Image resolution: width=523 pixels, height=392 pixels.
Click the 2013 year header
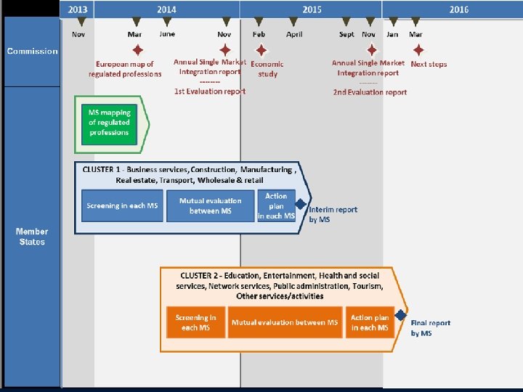click(78, 9)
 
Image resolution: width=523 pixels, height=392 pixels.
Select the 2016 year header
click(458, 9)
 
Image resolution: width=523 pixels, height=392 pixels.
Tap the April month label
click(294, 35)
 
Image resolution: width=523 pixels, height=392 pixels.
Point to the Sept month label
click(346, 35)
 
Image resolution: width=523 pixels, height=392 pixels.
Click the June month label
click(167, 34)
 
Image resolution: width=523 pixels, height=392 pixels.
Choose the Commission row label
click(32, 51)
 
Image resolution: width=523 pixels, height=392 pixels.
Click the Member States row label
click(32, 237)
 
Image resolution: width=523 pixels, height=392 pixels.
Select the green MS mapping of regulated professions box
click(109, 123)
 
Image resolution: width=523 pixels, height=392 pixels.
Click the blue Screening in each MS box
click(122, 206)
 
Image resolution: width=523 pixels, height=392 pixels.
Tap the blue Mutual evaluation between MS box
click(210, 206)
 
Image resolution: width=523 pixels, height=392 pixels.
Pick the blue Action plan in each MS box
click(276, 206)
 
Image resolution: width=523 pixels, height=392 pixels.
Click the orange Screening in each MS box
click(195, 322)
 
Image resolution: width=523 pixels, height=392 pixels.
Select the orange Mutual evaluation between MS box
click(285, 322)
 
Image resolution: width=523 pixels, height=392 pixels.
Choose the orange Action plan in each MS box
click(370, 322)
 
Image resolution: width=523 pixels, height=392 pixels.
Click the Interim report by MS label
click(333, 214)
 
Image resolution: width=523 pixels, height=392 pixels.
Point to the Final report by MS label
click(430, 328)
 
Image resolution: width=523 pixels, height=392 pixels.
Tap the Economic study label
click(267, 69)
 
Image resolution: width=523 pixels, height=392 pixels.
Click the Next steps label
click(429, 65)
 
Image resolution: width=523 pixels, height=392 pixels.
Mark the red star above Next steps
click(418, 50)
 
